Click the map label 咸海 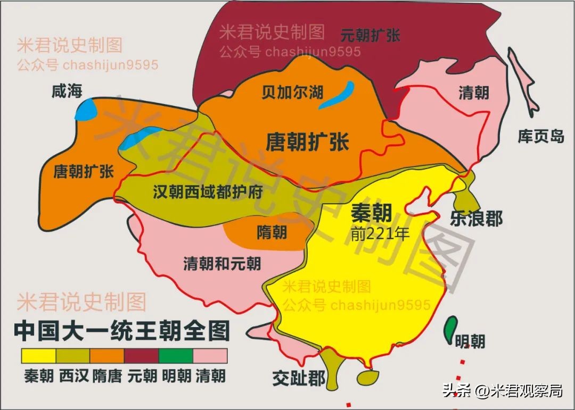click(67, 91)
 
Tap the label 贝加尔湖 click(292, 91)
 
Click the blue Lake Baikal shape click(337, 95)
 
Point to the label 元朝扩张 click(370, 36)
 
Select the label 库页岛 click(540, 136)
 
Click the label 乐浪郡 click(475, 218)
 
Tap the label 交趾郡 click(299, 378)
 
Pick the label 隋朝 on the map click(272, 232)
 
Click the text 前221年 click(380, 233)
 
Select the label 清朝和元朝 click(222, 263)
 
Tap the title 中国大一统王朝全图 click(122, 331)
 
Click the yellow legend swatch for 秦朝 click(38, 355)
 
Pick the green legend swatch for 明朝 click(176, 355)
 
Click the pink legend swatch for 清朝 click(210, 355)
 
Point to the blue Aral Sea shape click(86, 110)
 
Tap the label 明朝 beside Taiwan click(470, 340)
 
